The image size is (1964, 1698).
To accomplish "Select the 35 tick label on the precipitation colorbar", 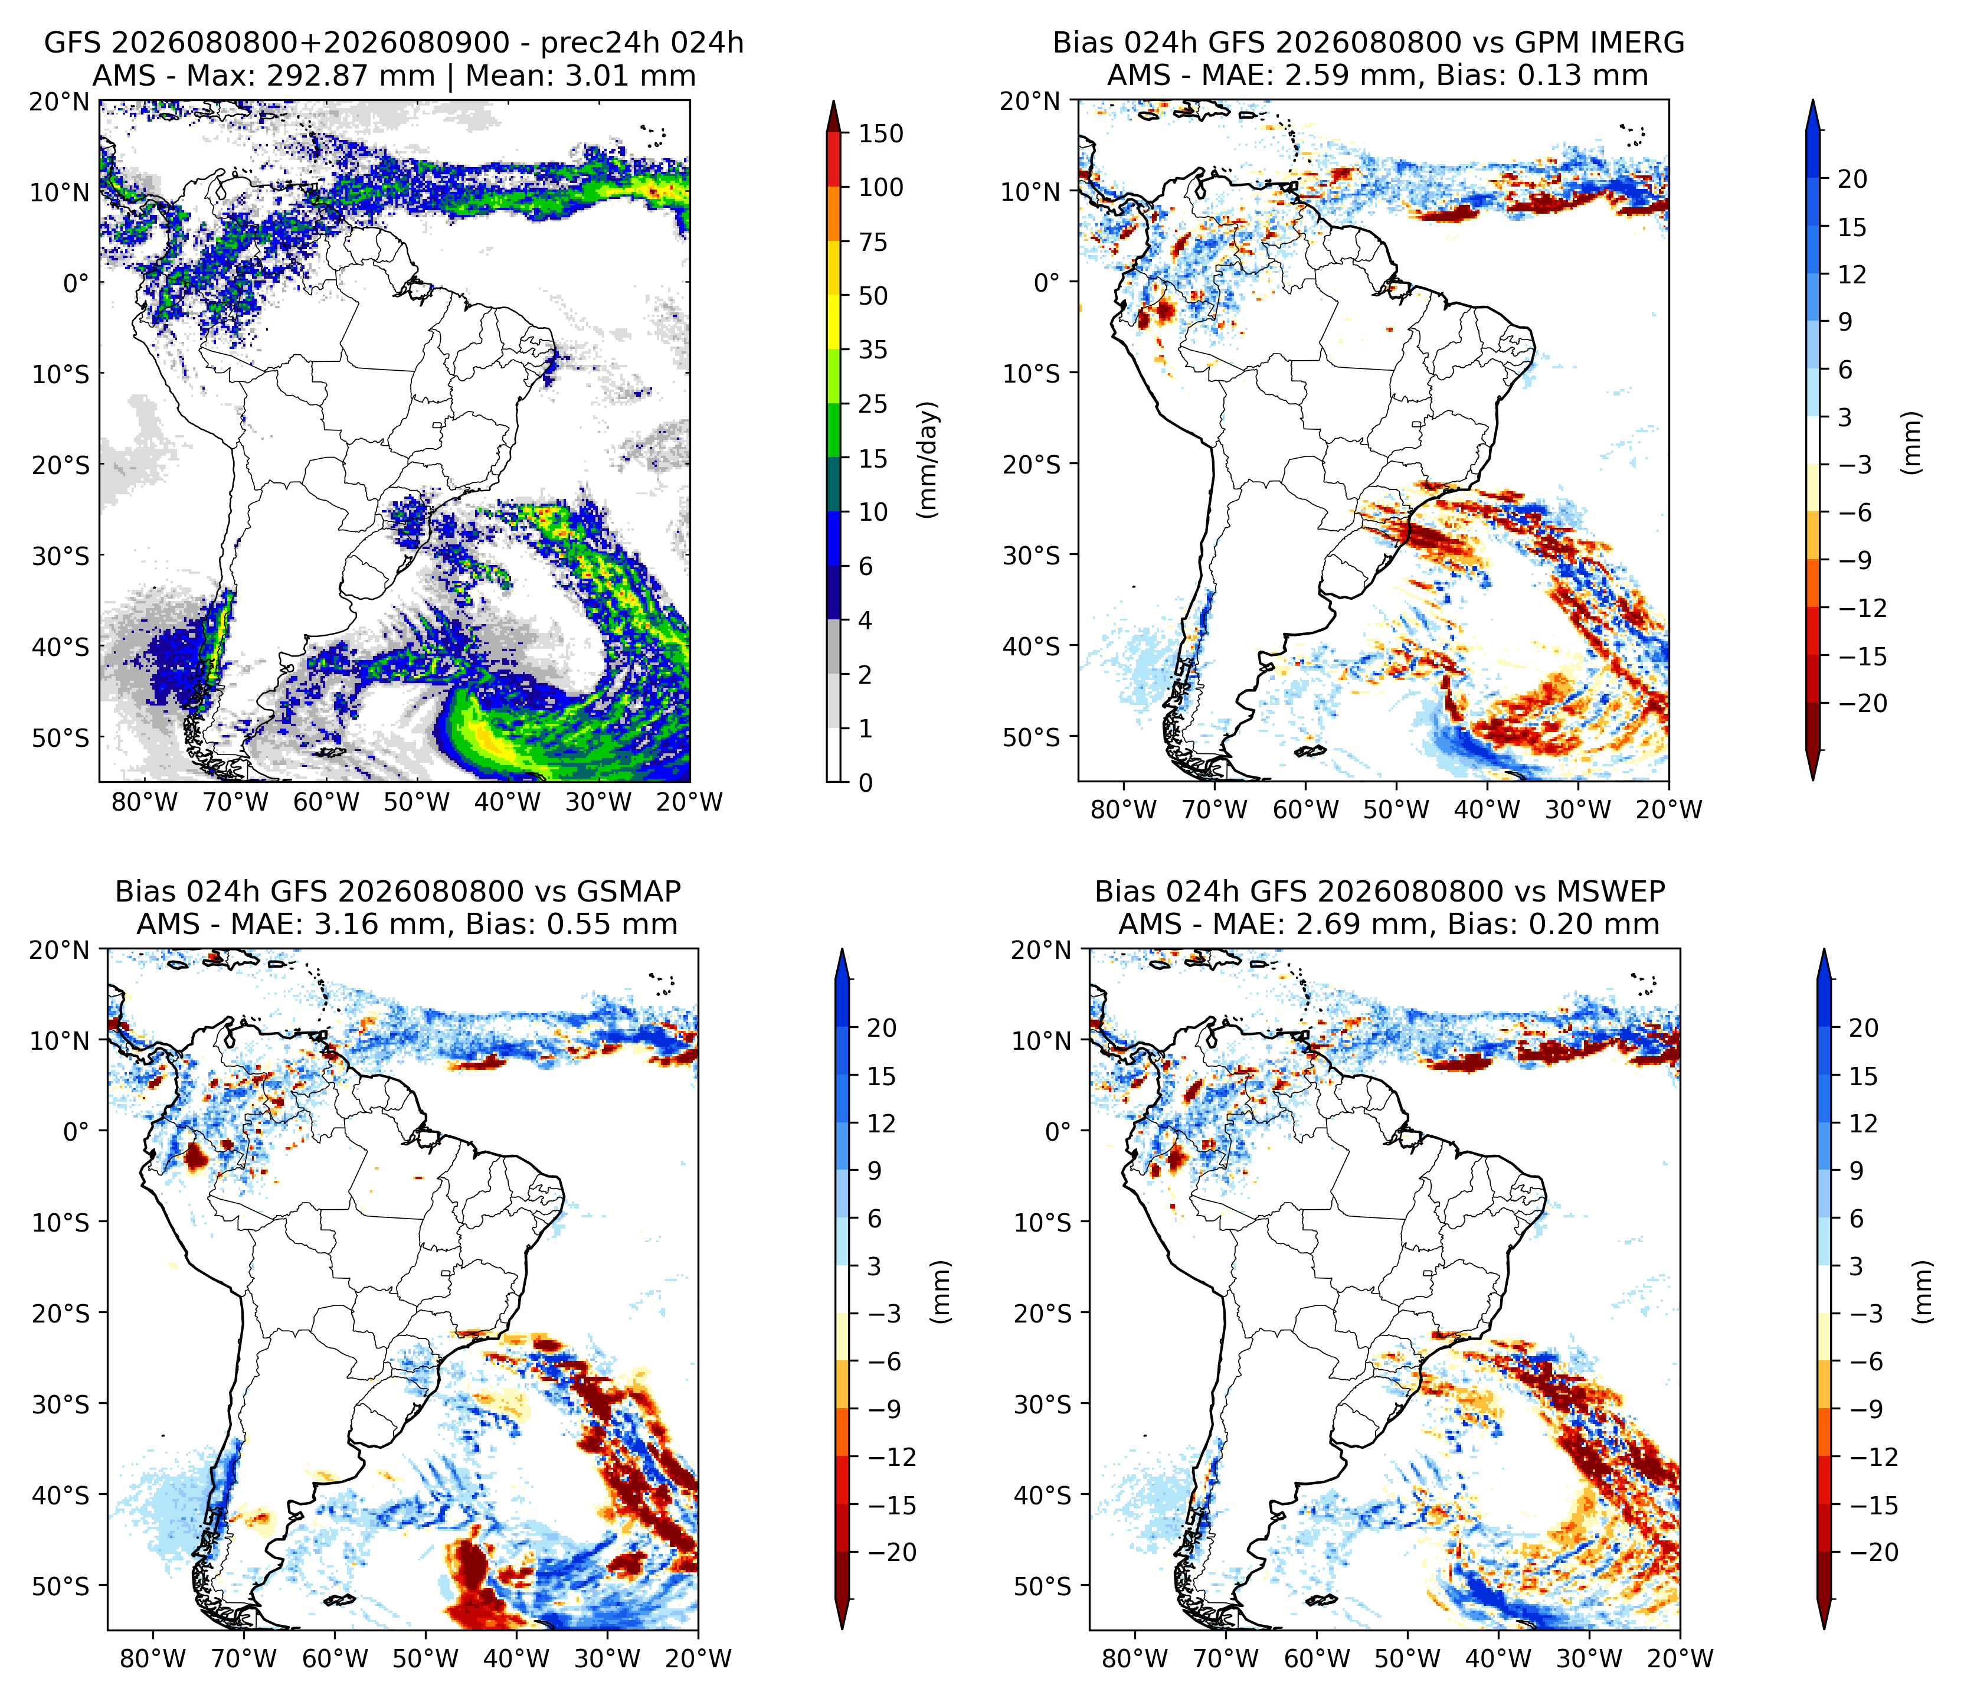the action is point(873,350).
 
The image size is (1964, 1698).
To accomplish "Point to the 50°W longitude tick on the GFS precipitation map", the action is point(417,802).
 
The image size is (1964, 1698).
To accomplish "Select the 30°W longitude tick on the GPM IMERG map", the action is point(1578,809).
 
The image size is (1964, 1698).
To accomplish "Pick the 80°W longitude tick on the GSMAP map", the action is point(153,1658).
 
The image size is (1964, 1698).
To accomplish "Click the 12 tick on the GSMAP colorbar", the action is point(882,1124).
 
